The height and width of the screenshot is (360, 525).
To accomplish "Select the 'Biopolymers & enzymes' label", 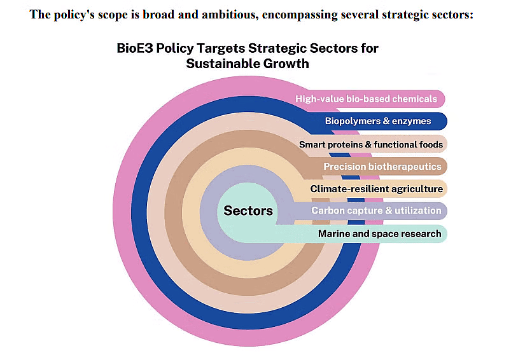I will (x=378, y=121).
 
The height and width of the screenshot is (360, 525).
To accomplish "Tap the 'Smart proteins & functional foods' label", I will (x=371, y=144).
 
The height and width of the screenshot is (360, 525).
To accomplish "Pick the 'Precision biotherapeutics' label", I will (x=382, y=167).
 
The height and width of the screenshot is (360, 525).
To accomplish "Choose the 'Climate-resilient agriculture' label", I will (x=376, y=189).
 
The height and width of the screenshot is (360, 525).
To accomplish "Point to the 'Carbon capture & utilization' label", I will (x=376, y=211).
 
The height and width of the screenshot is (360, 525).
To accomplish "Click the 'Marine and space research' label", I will (x=379, y=233).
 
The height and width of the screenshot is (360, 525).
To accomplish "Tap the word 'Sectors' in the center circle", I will (x=248, y=211).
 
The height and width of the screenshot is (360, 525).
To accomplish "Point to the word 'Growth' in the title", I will (x=287, y=64).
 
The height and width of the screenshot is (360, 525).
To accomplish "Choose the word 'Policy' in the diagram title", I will (x=178, y=48).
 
